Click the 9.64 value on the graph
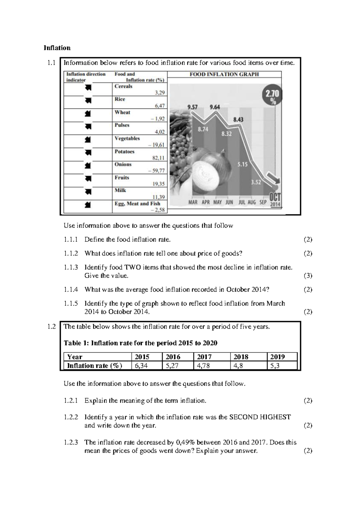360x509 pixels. tap(214, 107)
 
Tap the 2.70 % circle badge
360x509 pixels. tap(272, 96)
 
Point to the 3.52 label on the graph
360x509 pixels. tap(256, 182)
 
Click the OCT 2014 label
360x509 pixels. tap(275, 200)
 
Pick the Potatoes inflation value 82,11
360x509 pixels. tap(158, 158)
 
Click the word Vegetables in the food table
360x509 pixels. tap(127, 138)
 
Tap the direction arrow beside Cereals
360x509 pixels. tap(88, 88)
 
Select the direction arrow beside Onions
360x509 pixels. tap(88, 166)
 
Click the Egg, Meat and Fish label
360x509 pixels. tap(137, 203)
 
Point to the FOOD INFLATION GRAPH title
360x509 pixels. tap(224, 74)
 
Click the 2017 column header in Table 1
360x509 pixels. tap(204, 357)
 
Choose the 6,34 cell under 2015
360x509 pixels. tap(141, 366)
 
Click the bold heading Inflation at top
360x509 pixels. tap(57, 48)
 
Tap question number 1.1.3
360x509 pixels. tap(70, 267)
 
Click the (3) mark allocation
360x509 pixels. tap(308, 276)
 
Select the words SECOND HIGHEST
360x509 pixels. tap(260, 417)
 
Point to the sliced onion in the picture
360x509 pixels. tap(209, 173)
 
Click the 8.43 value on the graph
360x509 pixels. tap(238, 119)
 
